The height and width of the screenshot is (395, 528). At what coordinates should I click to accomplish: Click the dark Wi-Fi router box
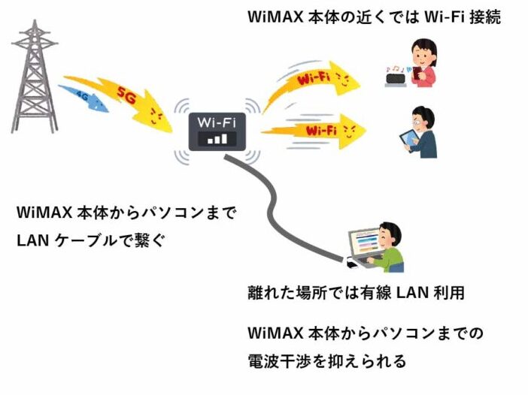(217, 131)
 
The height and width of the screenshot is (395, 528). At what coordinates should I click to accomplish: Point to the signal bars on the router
(217, 139)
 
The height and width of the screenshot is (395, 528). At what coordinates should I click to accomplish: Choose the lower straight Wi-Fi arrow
(315, 131)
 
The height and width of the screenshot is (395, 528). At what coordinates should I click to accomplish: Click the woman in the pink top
(423, 63)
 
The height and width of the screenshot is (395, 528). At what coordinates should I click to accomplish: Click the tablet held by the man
(409, 140)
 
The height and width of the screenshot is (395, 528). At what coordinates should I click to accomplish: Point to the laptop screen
(365, 241)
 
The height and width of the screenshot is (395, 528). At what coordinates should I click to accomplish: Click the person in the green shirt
(388, 248)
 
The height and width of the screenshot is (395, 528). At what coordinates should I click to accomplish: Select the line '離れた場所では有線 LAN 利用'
(356, 292)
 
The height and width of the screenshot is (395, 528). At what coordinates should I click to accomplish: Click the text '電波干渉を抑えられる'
(326, 360)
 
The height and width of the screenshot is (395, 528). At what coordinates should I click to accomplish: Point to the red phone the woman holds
(417, 73)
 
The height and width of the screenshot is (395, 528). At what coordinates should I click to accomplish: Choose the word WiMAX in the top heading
(275, 17)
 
